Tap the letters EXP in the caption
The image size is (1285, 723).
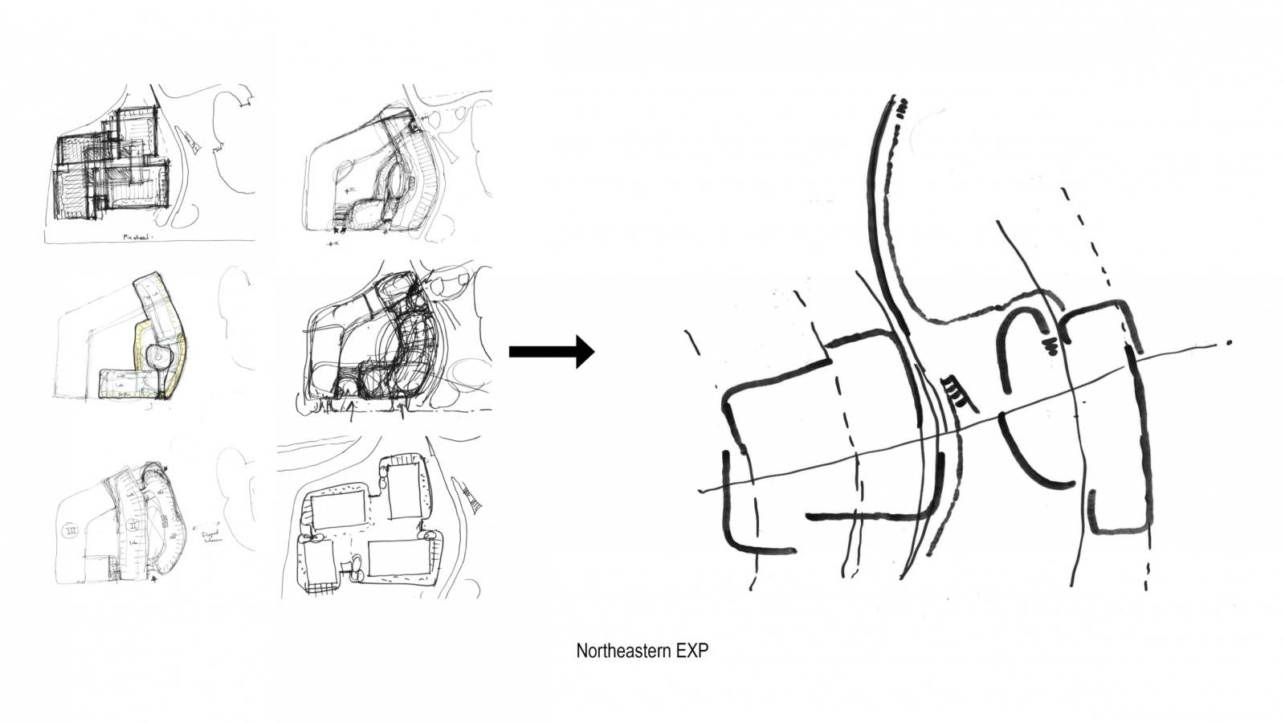click(x=691, y=651)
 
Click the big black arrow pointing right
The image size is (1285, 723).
click(x=552, y=351)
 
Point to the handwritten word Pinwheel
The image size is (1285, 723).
click(x=137, y=237)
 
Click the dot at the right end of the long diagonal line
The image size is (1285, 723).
click(x=1230, y=343)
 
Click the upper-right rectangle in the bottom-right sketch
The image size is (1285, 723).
click(x=404, y=491)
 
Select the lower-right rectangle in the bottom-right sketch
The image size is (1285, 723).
click(x=399, y=558)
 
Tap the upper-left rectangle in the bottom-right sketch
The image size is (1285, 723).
click(x=337, y=509)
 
